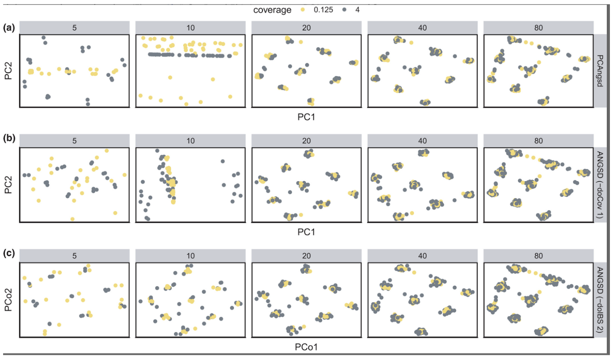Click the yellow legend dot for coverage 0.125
[x=303, y=10]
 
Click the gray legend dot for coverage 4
[x=344, y=10]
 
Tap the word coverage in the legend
[x=272, y=10]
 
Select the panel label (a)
[x=9, y=28]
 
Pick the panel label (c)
[x=9, y=253]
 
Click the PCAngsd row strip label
[x=600, y=71]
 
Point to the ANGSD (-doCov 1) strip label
[x=600, y=185]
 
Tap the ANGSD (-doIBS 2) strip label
[x=600, y=300]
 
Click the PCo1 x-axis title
[x=306, y=347]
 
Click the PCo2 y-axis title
[x=9, y=300]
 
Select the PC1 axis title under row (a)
[x=306, y=117]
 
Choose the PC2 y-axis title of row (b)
[x=9, y=185]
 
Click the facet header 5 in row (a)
[x=74, y=28]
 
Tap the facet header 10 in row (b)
[x=191, y=141]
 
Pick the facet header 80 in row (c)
[x=538, y=256]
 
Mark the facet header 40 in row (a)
[x=422, y=28]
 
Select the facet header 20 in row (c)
[x=306, y=256]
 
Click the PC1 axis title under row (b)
[x=306, y=232]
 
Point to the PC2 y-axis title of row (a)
[x=9, y=71]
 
